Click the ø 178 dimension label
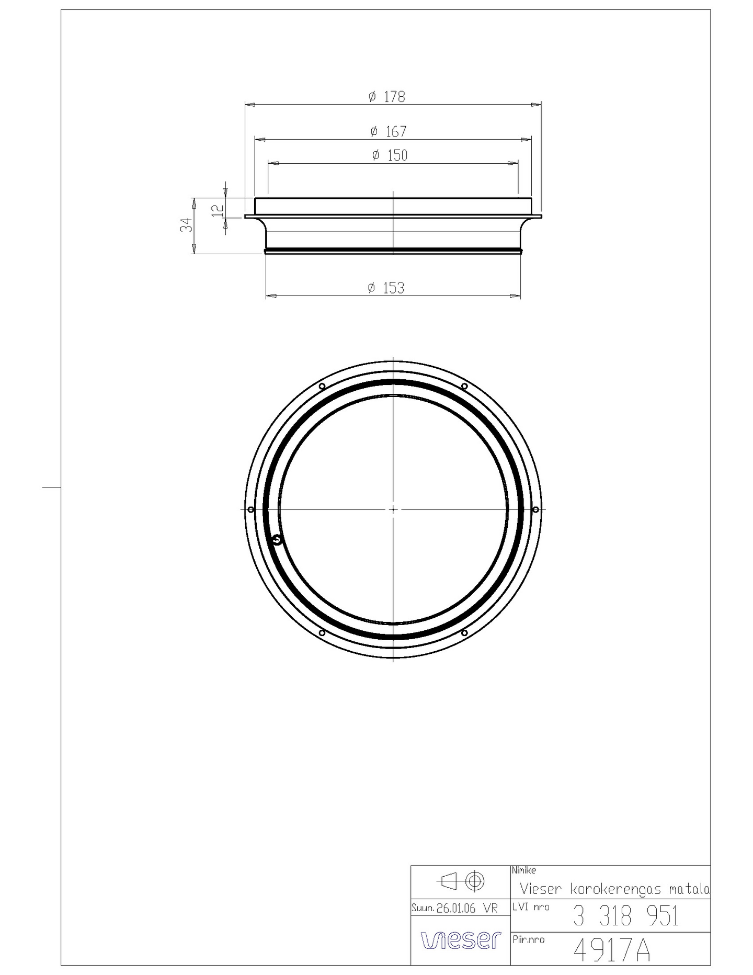tap(387, 97)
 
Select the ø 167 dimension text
tap(389, 131)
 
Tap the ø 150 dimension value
tap(390, 155)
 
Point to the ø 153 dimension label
tap(386, 288)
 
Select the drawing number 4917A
tap(611, 950)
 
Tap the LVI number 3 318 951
tap(625, 916)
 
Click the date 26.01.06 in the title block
tap(456, 909)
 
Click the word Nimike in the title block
tap(524, 870)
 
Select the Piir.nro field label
tap(528, 939)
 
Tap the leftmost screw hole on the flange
tap(250, 509)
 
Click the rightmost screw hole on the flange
tap(535, 509)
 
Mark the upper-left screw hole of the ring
tap(322, 387)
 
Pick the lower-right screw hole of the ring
tap(464, 633)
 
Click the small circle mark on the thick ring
tap(278, 540)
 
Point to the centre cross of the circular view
tap(393, 509)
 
